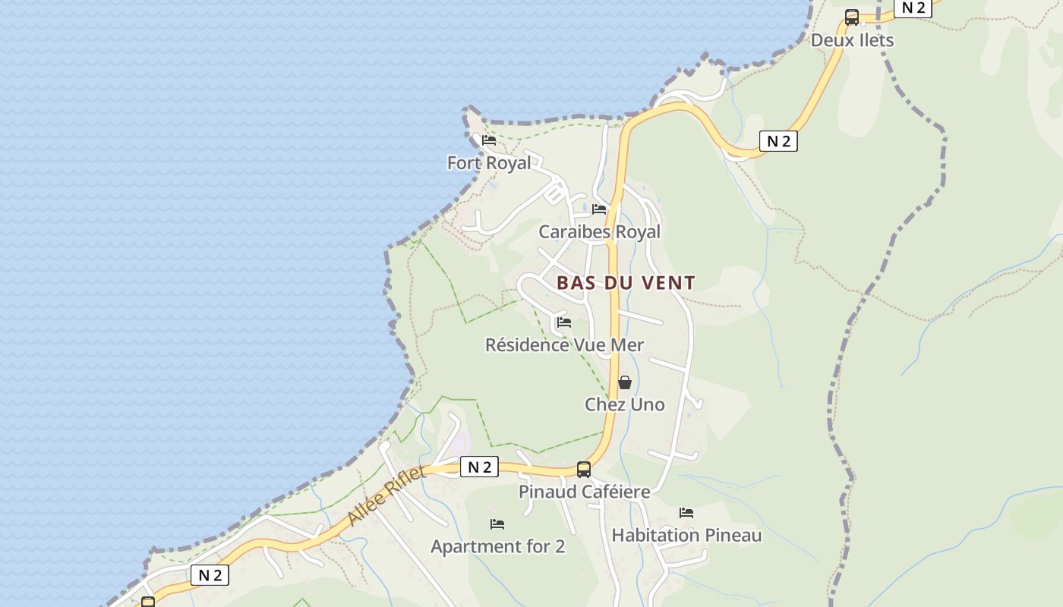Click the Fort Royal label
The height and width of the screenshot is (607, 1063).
(489, 163)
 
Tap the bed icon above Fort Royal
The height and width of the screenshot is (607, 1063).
(489, 140)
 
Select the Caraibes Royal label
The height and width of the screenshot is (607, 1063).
(599, 231)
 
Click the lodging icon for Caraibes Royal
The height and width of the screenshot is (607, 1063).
(599, 209)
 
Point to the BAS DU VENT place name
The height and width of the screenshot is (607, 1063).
(626, 283)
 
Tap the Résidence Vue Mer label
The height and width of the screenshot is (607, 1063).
(564, 345)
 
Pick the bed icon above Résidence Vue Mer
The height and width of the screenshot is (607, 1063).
(563, 322)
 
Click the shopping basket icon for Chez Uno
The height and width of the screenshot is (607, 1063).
(625, 382)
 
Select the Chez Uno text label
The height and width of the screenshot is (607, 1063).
(624, 404)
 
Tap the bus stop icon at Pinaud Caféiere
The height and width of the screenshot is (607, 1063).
(583, 470)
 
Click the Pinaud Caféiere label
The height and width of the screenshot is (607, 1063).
(584, 492)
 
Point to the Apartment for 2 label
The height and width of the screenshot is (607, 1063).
(497, 546)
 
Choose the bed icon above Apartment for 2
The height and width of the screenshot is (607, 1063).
(497, 524)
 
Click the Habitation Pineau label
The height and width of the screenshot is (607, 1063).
(686, 535)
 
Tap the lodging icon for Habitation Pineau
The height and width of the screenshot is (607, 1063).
(686, 513)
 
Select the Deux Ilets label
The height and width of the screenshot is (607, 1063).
(852, 40)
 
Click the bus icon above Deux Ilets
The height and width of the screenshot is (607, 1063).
(852, 17)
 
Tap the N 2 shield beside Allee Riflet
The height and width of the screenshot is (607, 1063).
(479, 467)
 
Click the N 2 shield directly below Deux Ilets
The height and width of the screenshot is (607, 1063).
(778, 141)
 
